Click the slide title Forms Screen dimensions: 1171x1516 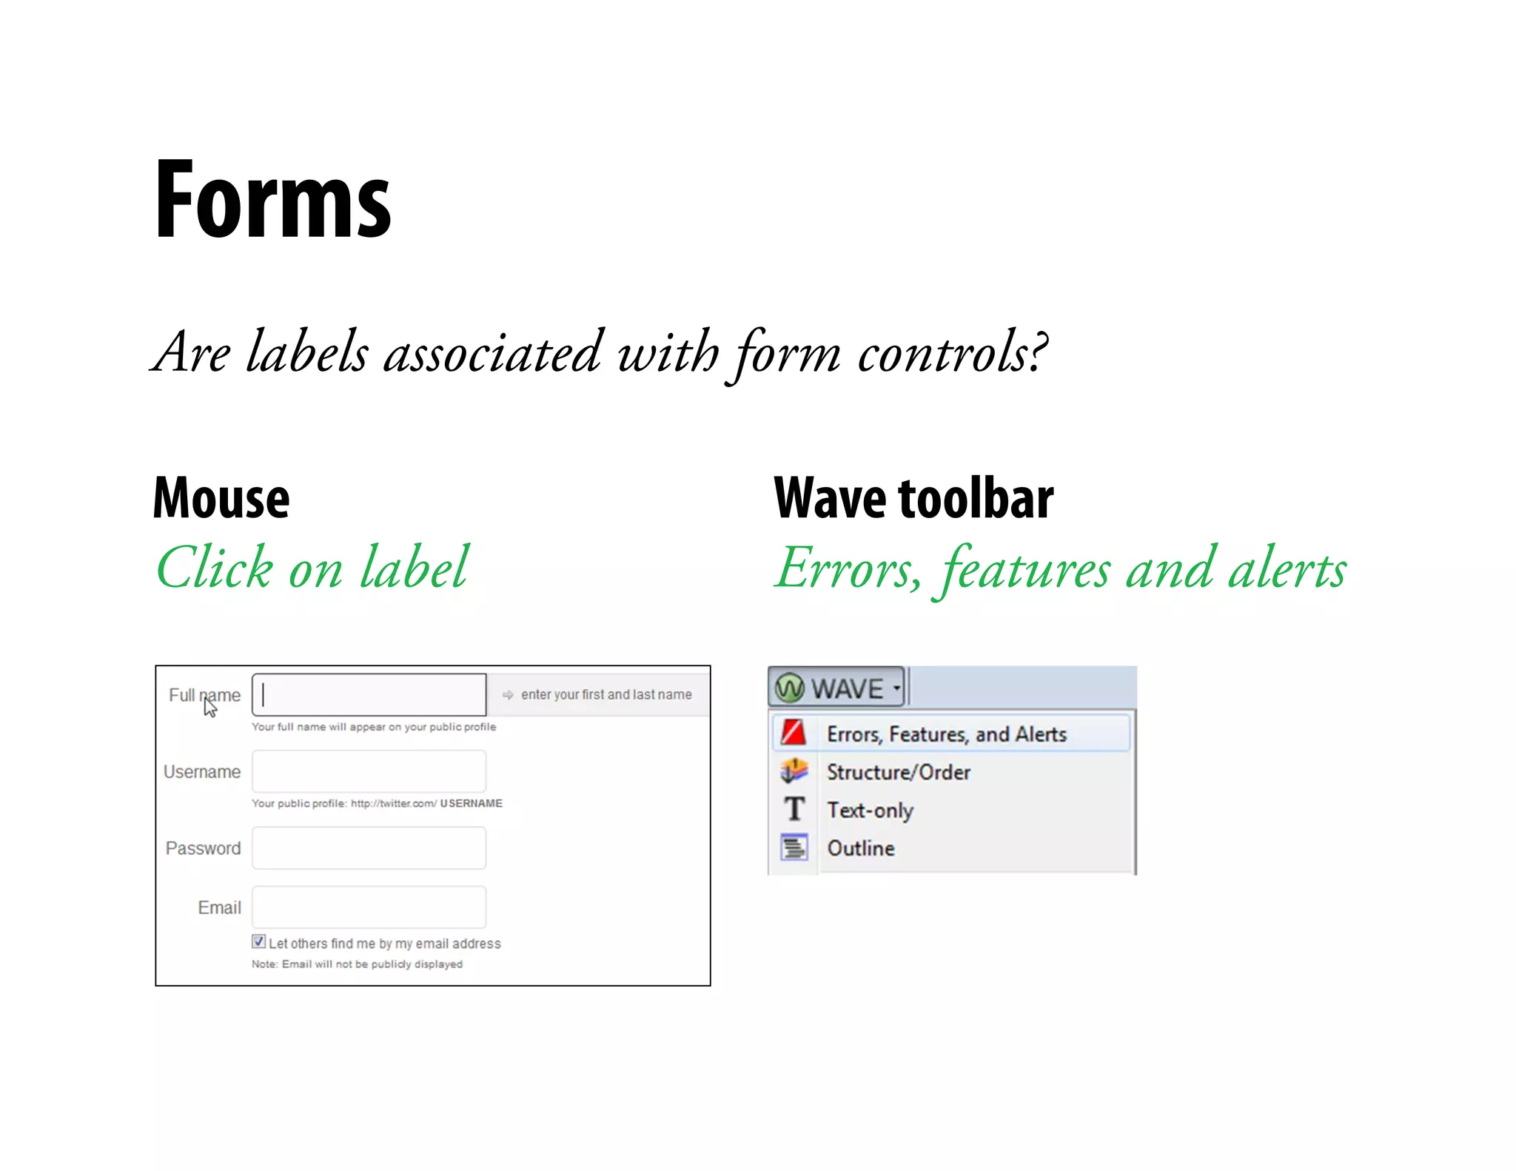[x=272, y=199]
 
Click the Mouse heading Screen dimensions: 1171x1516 [x=221, y=498]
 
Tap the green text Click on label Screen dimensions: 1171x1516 [x=312, y=568]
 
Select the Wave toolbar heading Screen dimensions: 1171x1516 [x=913, y=498]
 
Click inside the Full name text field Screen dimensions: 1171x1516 [x=369, y=694]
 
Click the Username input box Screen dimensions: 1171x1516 [x=369, y=771]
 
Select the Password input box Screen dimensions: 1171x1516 [x=369, y=848]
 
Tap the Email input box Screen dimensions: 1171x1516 [x=369, y=907]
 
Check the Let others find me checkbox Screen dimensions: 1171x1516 [x=258, y=942]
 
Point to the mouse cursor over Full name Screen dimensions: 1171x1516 [x=210, y=707]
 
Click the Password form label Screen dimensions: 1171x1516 [x=203, y=848]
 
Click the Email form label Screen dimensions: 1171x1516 [x=219, y=907]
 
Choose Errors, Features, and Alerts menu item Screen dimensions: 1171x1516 [x=946, y=734]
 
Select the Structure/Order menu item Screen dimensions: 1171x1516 [x=898, y=772]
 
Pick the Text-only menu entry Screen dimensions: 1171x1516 [x=870, y=810]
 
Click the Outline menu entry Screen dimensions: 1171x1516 [x=860, y=848]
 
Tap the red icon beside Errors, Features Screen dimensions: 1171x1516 [x=794, y=733]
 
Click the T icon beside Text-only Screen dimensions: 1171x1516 [x=794, y=809]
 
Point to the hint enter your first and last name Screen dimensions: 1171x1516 [x=606, y=694]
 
